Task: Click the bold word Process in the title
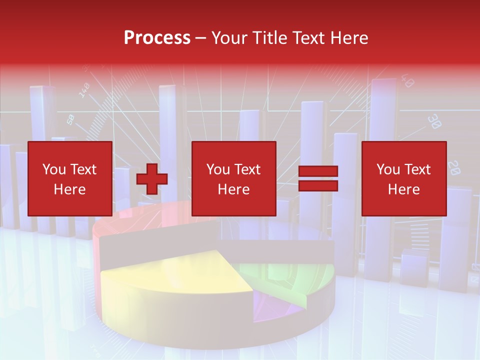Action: [x=157, y=37]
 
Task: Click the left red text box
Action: [x=70, y=178]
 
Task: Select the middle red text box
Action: [x=234, y=178]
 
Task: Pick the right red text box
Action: [x=404, y=178]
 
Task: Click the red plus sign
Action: [x=152, y=179]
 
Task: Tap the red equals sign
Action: [x=318, y=178]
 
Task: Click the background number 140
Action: [x=84, y=90]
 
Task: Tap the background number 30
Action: [x=434, y=121]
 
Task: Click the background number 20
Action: [x=454, y=167]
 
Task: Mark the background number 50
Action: [x=70, y=119]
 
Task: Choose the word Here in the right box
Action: [x=403, y=189]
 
